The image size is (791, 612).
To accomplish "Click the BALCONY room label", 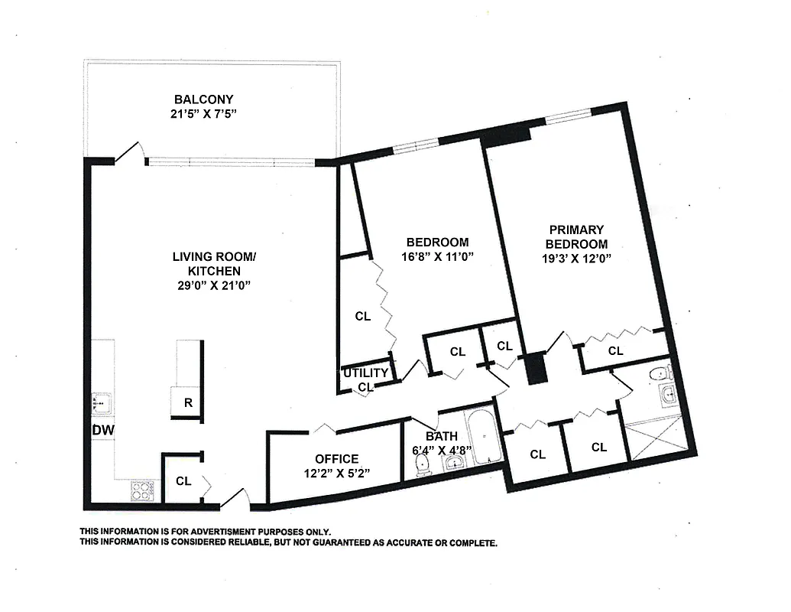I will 203,99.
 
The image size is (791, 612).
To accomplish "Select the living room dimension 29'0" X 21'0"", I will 213,285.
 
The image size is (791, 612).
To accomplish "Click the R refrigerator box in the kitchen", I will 188,403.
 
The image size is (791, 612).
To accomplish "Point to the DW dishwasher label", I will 102,431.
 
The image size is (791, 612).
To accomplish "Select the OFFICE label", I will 337,459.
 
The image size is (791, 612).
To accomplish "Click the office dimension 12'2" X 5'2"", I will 337,473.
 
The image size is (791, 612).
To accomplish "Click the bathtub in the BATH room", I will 483,438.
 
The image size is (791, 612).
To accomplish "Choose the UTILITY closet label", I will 366,373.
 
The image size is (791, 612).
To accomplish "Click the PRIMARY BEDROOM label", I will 576,236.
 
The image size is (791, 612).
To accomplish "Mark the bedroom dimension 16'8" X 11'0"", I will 437,257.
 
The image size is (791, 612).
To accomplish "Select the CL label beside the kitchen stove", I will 183,481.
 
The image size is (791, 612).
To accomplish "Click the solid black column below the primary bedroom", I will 538,368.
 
